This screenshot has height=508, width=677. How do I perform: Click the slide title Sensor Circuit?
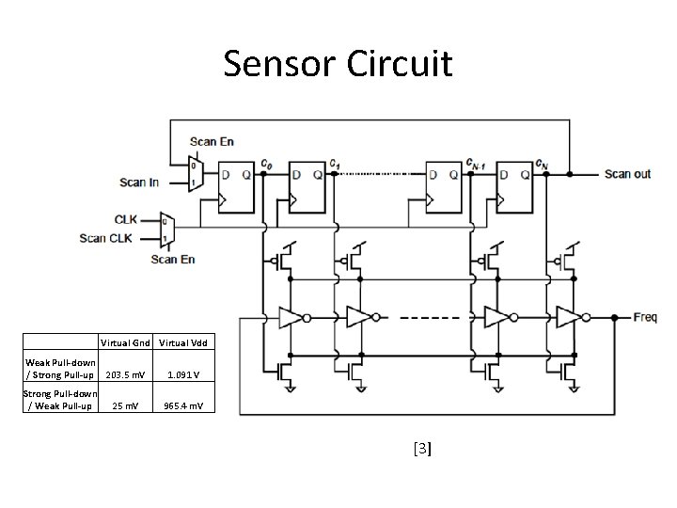(338, 64)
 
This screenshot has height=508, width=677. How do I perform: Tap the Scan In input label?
(139, 182)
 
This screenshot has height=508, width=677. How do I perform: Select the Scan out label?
(627, 174)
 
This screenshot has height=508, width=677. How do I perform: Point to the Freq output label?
(644, 317)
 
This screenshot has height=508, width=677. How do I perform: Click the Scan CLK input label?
(106, 238)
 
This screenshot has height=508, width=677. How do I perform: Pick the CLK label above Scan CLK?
(126, 219)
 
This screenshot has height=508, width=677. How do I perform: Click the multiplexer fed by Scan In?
(195, 174)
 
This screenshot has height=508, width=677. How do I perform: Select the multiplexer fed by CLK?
(167, 228)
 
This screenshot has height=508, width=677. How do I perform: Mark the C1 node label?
(335, 163)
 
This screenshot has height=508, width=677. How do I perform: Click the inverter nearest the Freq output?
(567, 317)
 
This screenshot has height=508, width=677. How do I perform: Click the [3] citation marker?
(422, 450)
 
